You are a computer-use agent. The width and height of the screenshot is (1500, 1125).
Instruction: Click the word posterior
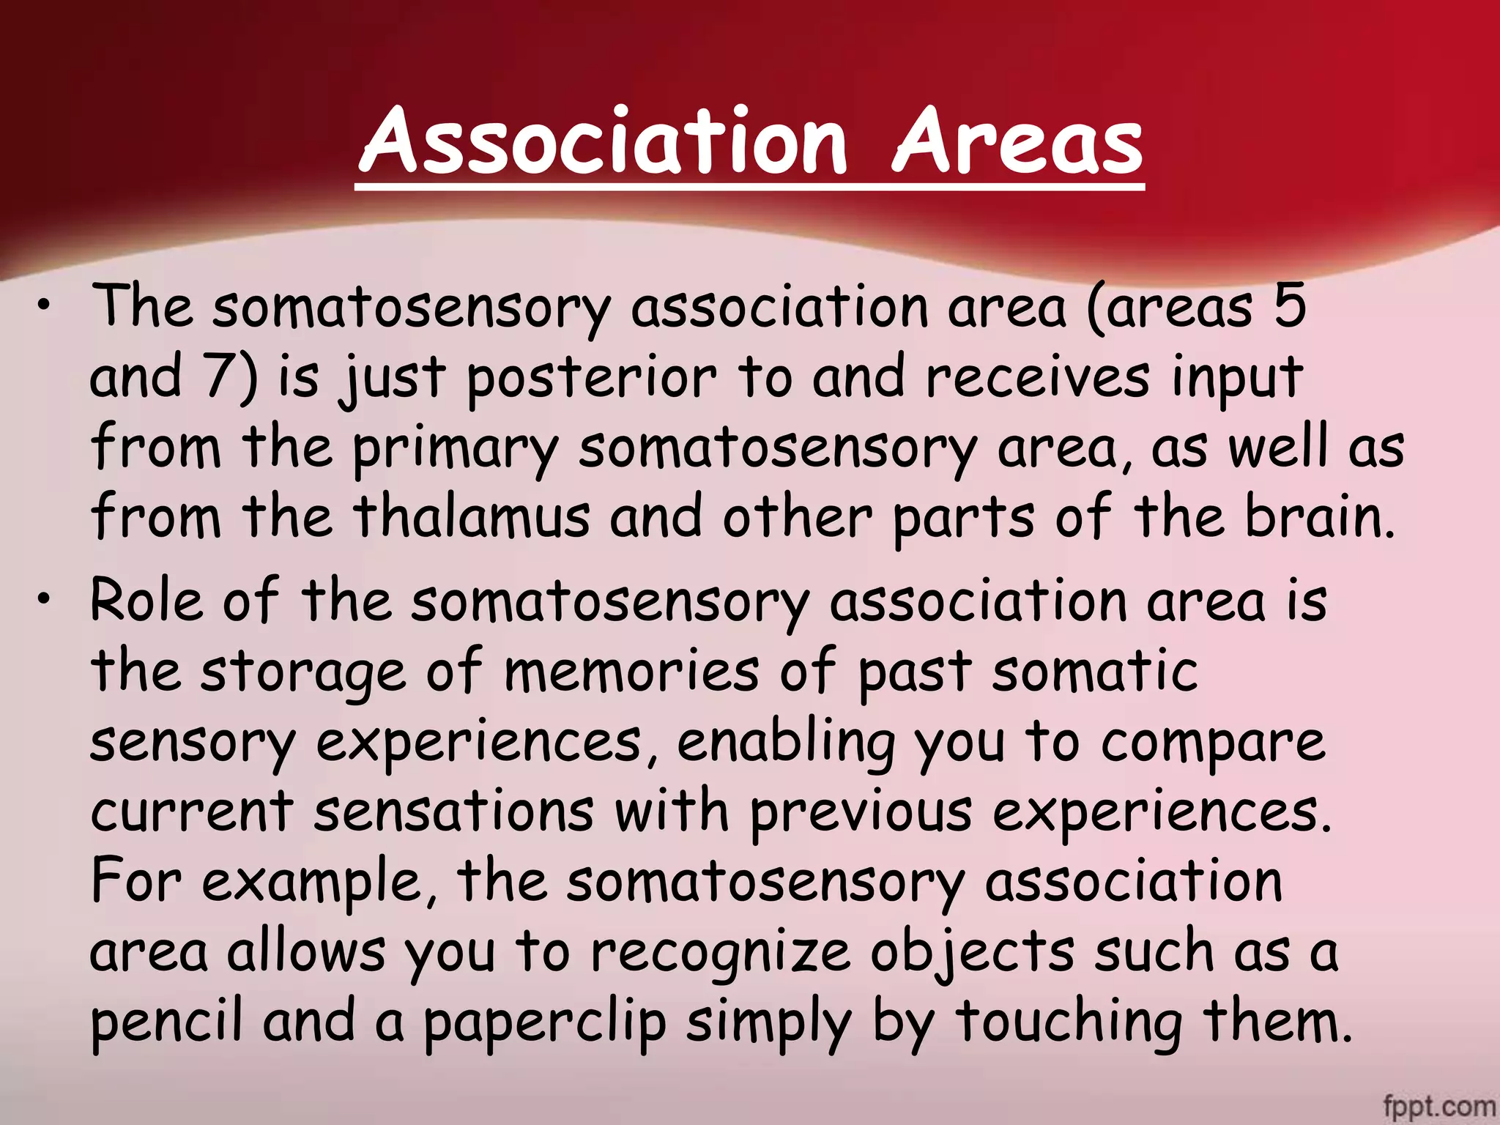(x=590, y=378)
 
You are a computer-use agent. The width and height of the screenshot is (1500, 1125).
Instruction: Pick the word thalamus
(x=472, y=516)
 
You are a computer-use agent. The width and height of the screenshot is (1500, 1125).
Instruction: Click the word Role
(x=146, y=601)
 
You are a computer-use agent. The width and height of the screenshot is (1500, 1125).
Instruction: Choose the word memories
(x=631, y=671)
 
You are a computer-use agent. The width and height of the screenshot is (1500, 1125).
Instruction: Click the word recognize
(x=720, y=953)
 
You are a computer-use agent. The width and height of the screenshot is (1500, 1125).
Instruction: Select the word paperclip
(x=545, y=1023)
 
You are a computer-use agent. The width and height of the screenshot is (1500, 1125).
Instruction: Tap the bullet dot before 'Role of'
(x=45, y=601)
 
